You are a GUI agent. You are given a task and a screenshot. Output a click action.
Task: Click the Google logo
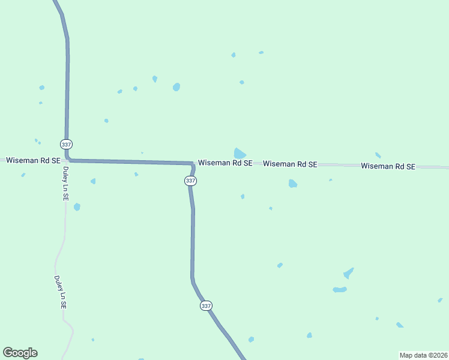[x=20, y=353]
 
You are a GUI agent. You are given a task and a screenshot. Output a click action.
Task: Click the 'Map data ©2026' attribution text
[x=423, y=355]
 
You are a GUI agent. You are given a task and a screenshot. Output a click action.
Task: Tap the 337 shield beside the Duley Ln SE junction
[x=66, y=145]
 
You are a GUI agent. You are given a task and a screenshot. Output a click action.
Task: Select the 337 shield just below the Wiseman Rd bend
[x=190, y=181]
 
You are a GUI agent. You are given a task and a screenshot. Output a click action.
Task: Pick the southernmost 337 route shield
[x=206, y=305]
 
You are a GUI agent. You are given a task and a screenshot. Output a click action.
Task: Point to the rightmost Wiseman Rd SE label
[x=388, y=166]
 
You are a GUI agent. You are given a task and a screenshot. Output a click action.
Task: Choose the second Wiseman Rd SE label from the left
[x=225, y=163]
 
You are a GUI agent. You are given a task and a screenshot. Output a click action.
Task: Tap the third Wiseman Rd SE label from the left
[x=290, y=164]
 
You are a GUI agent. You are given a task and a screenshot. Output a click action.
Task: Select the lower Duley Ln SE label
[x=60, y=292]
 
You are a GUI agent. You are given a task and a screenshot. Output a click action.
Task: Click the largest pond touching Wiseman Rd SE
[x=240, y=153]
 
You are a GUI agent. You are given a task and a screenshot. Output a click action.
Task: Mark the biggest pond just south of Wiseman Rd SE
[x=292, y=184]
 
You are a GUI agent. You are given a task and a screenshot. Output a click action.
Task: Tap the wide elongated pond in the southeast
[x=340, y=290]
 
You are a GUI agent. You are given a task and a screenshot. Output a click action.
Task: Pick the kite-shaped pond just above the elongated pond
[x=348, y=274]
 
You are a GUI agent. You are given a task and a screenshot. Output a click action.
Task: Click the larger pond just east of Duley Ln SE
[x=77, y=207]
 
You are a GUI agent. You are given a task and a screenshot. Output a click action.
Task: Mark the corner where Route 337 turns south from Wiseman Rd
[x=193, y=163]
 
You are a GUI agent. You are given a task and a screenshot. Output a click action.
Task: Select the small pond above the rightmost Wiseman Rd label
[x=378, y=155]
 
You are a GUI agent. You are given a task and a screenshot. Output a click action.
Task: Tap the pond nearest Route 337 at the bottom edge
[x=251, y=340]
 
